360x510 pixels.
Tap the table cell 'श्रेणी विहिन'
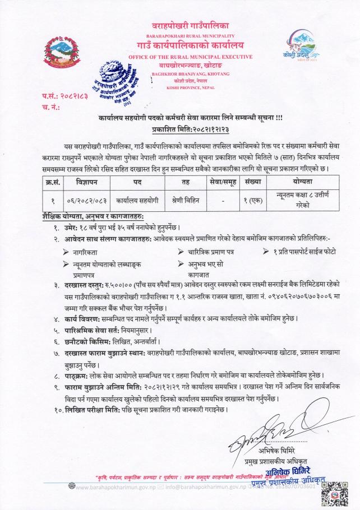point(186,200)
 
